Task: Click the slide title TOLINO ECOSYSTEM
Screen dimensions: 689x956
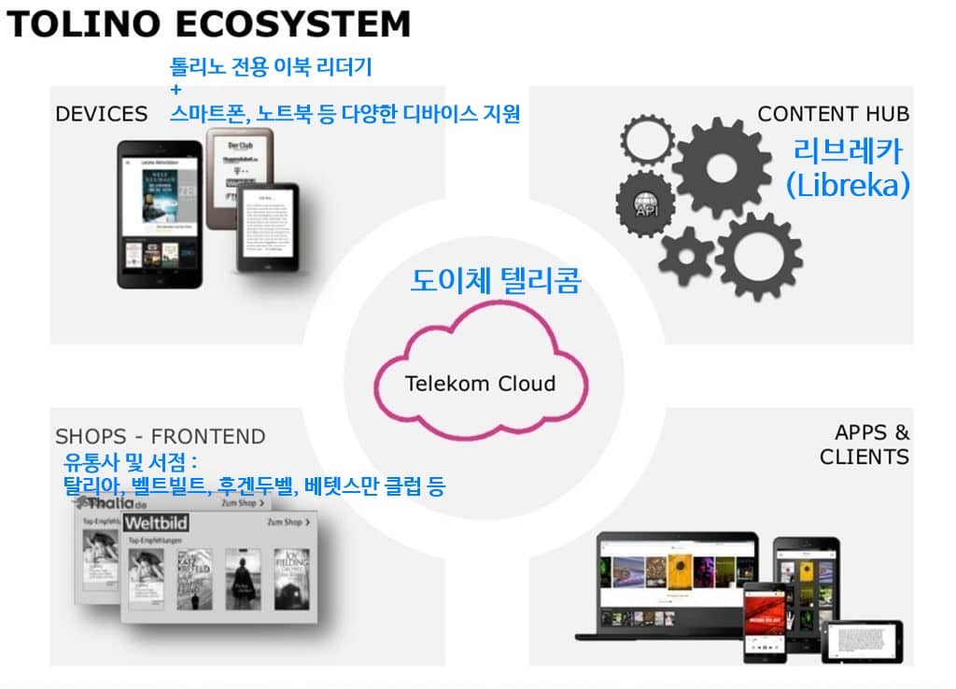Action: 208,23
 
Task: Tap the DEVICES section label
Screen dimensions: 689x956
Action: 102,114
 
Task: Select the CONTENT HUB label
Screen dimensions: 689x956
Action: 833,114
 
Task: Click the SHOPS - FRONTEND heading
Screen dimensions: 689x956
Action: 161,436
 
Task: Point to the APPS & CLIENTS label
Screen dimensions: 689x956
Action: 864,444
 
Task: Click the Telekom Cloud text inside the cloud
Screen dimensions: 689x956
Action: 481,383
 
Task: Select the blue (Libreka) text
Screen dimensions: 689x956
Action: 847,184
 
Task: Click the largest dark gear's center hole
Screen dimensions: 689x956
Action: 723,167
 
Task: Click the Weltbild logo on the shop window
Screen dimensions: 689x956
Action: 156,522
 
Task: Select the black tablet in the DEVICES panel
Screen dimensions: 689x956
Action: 160,214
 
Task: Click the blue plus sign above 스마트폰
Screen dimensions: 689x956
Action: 176,91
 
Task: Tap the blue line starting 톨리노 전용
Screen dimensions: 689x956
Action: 271,67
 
